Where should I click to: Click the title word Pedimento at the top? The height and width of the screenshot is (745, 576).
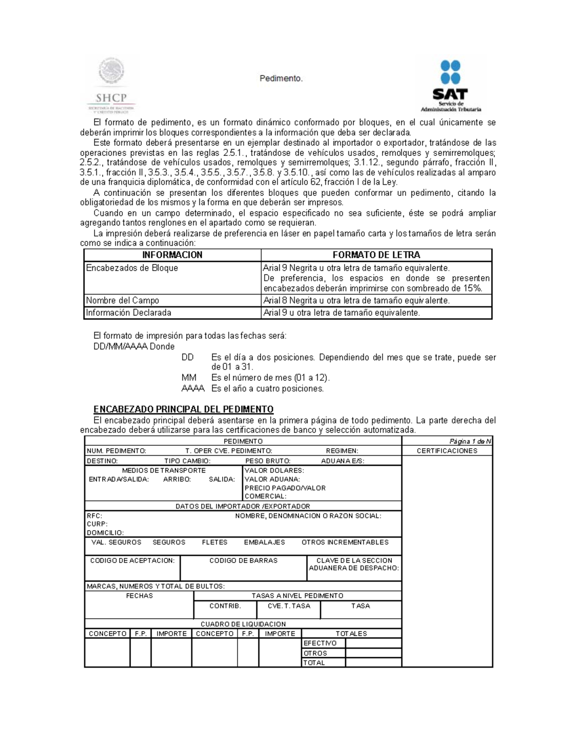point(281,78)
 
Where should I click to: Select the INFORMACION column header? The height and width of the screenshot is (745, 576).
point(172,255)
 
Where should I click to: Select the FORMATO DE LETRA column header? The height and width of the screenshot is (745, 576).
point(376,255)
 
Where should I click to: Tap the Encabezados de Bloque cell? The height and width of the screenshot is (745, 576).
point(132,268)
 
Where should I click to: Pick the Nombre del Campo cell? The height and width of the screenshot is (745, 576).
point(122,301)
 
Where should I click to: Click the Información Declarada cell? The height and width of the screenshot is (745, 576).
point(129,313)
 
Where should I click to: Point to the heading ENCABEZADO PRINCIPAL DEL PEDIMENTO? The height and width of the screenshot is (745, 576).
point(183,409)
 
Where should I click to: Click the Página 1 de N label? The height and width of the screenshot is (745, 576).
point(470,441)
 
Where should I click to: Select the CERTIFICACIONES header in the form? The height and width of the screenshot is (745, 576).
point(447,451)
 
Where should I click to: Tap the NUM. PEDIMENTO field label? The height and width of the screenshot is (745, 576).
point(116,451)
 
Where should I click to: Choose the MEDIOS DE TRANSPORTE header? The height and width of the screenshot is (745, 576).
point(164,471)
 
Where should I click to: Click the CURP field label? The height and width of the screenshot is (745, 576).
point(97,524)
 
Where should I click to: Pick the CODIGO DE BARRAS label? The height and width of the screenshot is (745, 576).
point(243,560)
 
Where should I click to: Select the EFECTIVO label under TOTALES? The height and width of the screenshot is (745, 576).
point(320,643)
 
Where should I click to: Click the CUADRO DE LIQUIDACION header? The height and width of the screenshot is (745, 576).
point(243,624)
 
